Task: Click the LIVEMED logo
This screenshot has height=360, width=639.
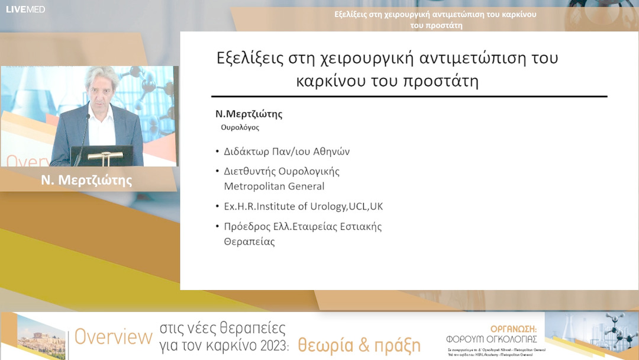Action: (x=25, y=9)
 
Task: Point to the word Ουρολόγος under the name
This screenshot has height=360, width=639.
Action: (x=240, y=127)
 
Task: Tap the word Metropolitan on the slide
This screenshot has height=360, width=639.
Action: (x=256, y=187)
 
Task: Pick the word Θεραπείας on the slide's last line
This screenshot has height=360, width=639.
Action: (x=249, y=242)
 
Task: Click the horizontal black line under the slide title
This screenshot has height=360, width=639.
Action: (x=409, y=96)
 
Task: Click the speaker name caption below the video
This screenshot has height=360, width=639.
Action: (x=86, y=181)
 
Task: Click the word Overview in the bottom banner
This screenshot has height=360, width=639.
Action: (x=113, y=337)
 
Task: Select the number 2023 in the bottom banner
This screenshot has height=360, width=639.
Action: (x=267, y=345)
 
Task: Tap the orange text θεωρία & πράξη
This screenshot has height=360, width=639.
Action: (x=359, y=345)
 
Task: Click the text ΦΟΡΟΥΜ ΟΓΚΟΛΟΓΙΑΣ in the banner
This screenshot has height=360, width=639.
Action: (x=492, y=339)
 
